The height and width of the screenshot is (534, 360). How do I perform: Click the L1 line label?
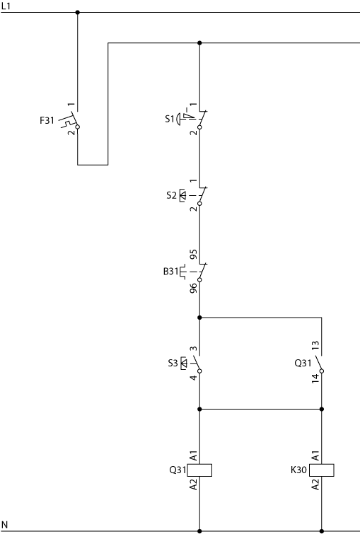tap(6, 6)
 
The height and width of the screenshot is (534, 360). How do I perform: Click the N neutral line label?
tap(4, 525)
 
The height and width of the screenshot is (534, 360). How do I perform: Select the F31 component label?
tap(47, 120)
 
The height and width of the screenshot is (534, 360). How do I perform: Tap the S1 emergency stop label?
tap(170, 119)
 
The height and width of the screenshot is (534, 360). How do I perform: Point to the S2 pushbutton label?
tap(172, 195)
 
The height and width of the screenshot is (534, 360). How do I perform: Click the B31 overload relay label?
tap(170, 272)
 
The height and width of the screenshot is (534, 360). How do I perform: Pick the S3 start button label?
tap(173, 363)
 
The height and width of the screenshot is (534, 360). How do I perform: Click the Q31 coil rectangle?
tap(199, 470)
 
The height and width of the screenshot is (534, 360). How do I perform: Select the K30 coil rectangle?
tap(322, 470)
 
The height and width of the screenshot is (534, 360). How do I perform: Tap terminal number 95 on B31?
tap(193, 255)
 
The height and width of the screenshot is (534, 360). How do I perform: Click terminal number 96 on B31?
tap(193, 288)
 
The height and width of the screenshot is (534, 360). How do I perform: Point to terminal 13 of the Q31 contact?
tap(315, 345)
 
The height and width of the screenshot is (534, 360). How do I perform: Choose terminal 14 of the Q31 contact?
tap(315, 378)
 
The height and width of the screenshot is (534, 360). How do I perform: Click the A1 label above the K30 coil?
tap(315, 455)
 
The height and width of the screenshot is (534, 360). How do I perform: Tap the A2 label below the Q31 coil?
tap(193, 484)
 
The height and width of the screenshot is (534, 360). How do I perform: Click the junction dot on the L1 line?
tap(78, 12)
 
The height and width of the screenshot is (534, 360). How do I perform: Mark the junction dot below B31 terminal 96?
tap(199, 318)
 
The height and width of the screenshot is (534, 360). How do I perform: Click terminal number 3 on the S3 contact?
tap(193, 349)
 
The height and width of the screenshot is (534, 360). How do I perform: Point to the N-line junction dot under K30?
tap(322, 531)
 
